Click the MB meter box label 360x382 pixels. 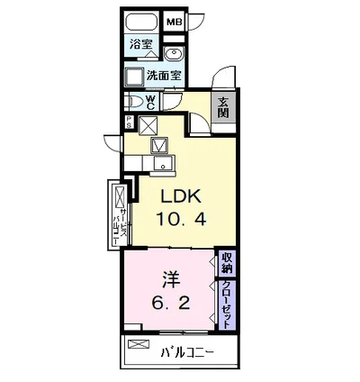[175, 22]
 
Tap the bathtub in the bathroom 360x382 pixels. [141, 22]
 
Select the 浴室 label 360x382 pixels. [140, 44]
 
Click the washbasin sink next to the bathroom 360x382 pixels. [173, 55]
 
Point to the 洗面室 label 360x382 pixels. [164, 75]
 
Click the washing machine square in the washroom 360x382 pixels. [135, 77]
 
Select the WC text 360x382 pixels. [150, 103]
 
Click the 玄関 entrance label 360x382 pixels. [223, 108]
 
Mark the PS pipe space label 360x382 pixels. [129, 123]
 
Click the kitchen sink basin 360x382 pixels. [164, 163]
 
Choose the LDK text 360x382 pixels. [181, 196]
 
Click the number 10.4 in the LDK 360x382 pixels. [181, 218]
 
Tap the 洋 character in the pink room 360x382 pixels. [172, 279]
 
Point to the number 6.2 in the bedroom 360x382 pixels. [171, 303]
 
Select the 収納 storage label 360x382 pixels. [227, 263]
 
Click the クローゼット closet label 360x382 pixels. [226, 305]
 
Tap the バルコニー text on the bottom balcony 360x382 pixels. [187, 352]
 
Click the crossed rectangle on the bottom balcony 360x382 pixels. [139, 344]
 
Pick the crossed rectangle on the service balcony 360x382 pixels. [120, 197]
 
